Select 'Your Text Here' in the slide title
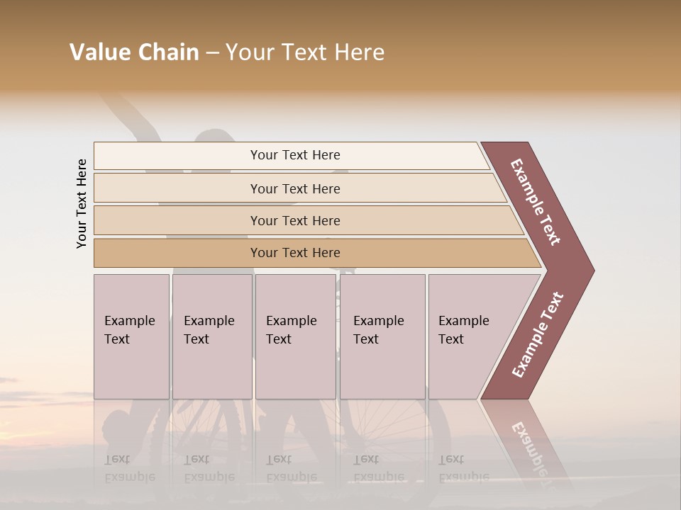[305, 52]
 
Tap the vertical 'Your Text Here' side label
[82, 204]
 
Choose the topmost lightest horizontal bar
[294, 155]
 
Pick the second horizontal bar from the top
[294, 188]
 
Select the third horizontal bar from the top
[294, 220]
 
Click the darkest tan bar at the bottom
[294, 253]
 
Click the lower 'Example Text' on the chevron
[538, 335]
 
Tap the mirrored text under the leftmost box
[129, 468]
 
